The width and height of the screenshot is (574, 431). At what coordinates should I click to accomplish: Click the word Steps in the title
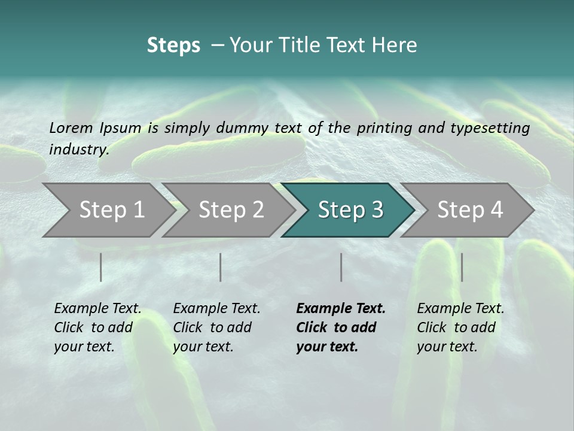[173, 45]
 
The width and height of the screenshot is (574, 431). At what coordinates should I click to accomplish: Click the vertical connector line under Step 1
[101, 267]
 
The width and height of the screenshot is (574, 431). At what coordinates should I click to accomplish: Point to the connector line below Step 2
[221, 267]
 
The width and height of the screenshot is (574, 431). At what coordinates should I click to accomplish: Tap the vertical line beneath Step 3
[341, 267]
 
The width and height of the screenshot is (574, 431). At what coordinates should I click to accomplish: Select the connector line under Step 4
[462, 267]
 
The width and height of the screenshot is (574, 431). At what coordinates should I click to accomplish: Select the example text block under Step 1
[97, 327]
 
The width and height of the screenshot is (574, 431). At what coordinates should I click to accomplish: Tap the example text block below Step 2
[216, 327]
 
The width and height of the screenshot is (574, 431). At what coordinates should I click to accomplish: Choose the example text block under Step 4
[460, 327]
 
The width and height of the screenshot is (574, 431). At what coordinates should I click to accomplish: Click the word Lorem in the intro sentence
[71, 128]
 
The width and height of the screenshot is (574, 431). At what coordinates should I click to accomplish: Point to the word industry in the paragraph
[78, 150]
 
